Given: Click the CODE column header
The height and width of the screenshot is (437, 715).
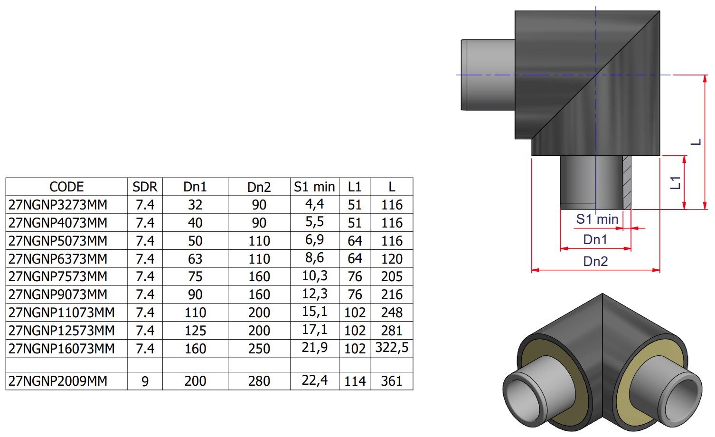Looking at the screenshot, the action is point(66,187).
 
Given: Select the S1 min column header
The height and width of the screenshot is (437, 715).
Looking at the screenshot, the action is point(314,187).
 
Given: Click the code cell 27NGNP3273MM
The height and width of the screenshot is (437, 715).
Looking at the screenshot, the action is point(58,205).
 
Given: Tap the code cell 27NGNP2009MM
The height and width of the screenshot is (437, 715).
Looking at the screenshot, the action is point(58,381).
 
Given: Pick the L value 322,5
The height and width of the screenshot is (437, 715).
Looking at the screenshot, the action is point(392,348).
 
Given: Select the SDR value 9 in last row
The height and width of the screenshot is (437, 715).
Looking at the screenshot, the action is point(145,381).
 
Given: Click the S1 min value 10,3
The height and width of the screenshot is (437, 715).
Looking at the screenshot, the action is point(315,275).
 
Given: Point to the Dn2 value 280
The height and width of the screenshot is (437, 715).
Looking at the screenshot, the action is point(259,381).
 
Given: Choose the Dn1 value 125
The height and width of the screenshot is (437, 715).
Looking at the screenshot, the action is point(195,331).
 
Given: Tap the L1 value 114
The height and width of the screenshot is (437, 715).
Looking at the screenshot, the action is point(355,381).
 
